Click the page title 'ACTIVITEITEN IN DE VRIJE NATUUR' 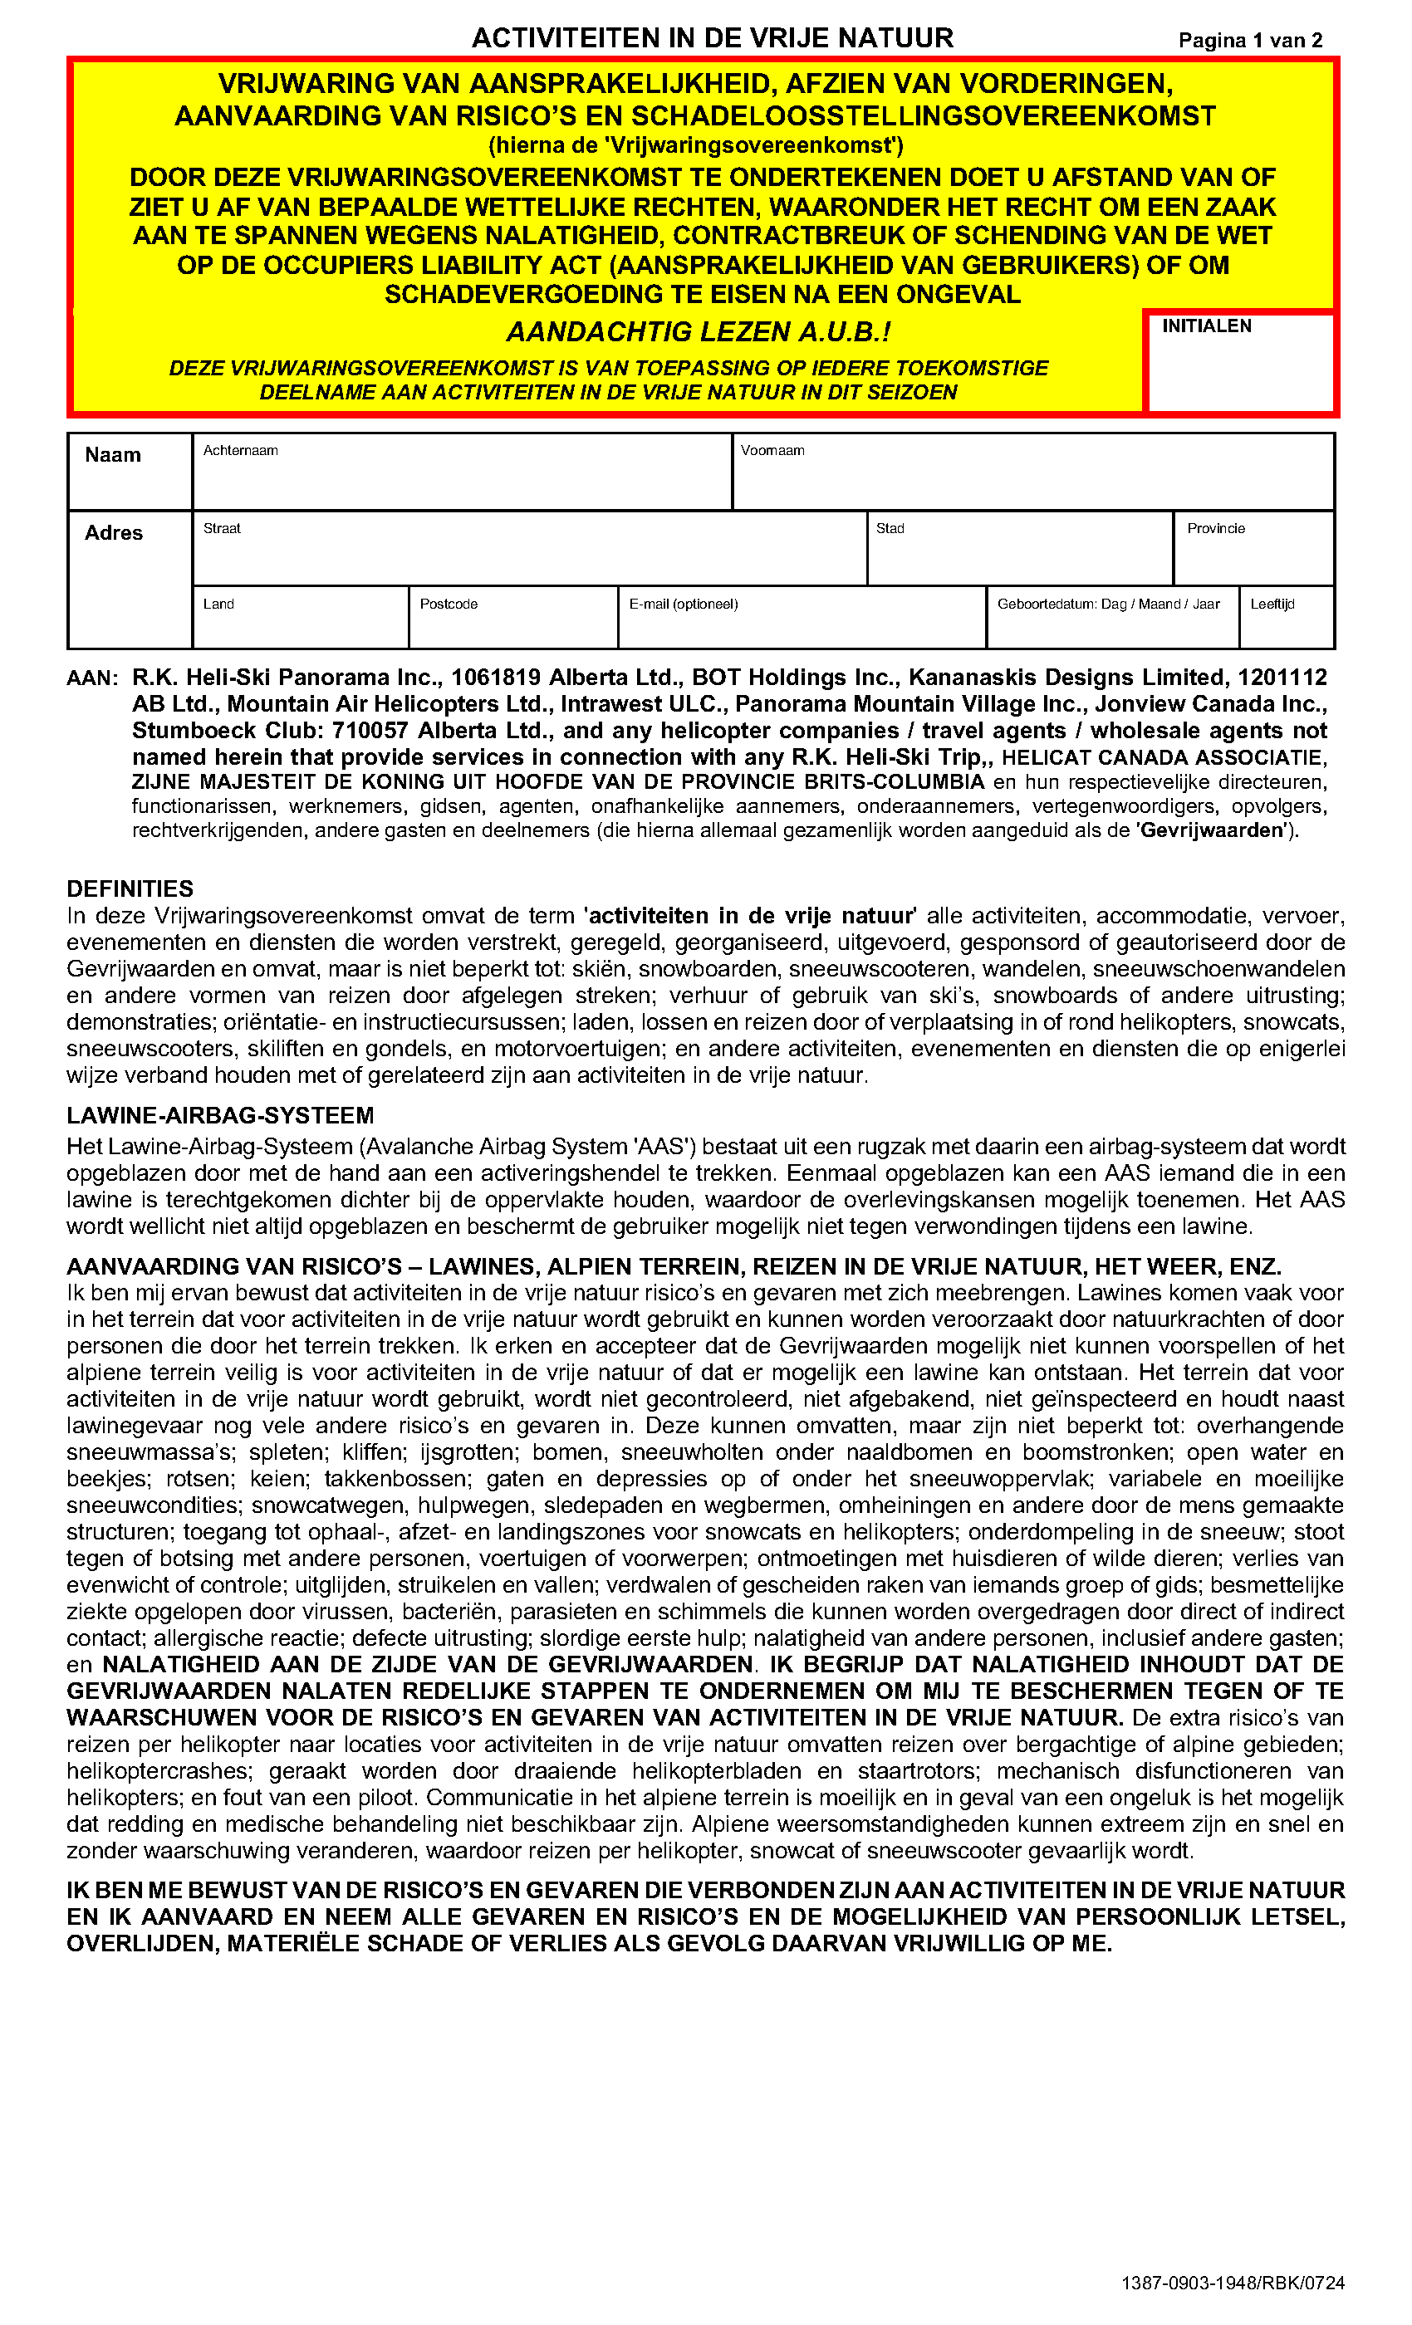tap(713, 37)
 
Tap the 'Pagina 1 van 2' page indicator tap(1250, 41)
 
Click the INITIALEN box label tap(1206, 326)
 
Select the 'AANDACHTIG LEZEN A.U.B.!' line tap(699, 332)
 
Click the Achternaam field tap(463, 476)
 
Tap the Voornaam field tap(1032, 476)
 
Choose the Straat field tap(528, 553)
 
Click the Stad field tap(1019, 553)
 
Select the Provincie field tap(1253, 553)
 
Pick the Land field tap(300, 623)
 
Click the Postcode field tap(512, 623)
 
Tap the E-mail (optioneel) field tap(802, 623)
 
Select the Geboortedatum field tap(1112, 623)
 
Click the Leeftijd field tap(1286, 623)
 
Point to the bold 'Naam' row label tap(113, 455)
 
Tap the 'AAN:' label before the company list tap(91, 678)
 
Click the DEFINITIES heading tap(130, 888)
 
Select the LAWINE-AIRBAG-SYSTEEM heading tap(220, 1116)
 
